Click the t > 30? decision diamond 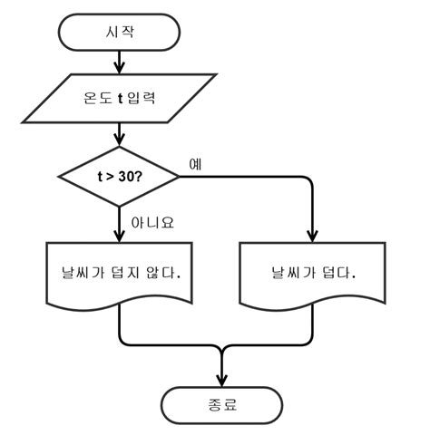[119, 176]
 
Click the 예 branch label [195, 164]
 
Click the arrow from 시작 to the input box [119, 62]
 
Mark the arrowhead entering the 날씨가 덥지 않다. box [119, 235]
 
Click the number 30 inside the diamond [132, 176]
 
